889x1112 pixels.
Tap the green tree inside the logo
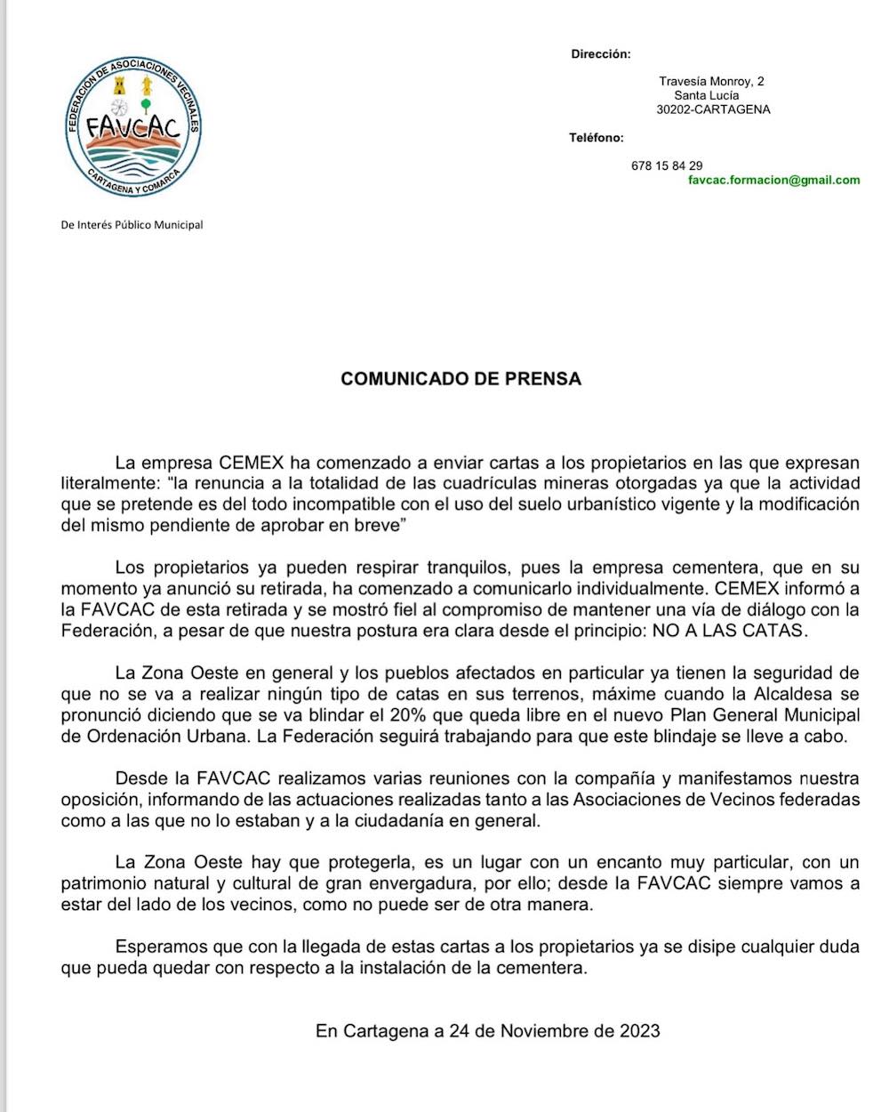tap(145, 101)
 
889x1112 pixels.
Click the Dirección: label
tap(600, 54)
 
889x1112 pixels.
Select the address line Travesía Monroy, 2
tap(711, 82)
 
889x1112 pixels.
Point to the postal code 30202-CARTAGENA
tap(713, 110)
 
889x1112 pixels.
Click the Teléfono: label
tap(597, 138)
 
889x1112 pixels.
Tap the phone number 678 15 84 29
tap(667, 166)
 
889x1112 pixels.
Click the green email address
tap(773, 180)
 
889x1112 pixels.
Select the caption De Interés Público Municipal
tap(132, 225)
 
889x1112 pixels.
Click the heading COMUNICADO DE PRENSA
tap(461, 379)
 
